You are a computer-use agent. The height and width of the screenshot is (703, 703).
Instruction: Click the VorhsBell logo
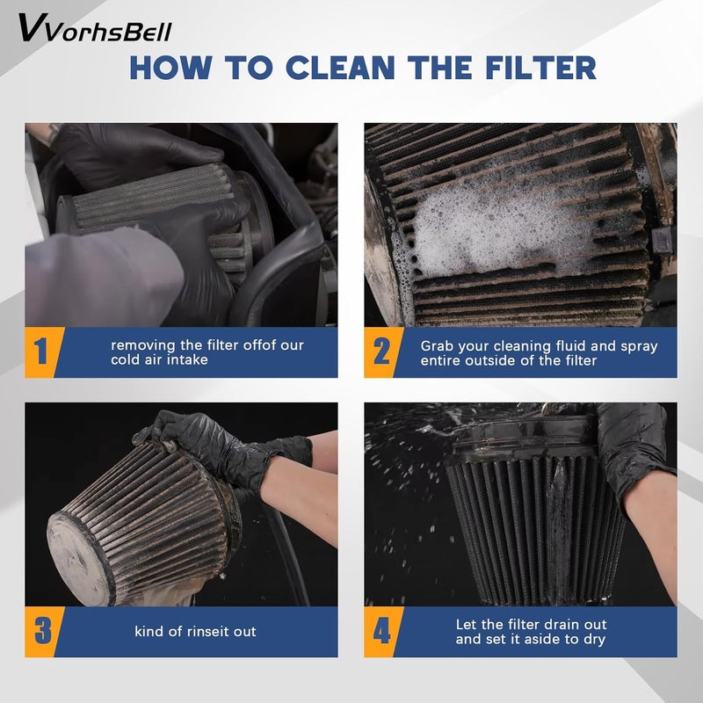(x=95, y=28)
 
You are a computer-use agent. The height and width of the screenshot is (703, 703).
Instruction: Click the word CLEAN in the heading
(x=340, y=68)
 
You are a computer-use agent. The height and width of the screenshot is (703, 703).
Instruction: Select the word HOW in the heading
(x=170, y=68)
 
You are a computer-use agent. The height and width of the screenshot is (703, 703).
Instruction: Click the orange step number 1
(x=40, y=351)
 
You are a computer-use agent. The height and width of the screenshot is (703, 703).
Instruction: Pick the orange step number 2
(x=381, y=351)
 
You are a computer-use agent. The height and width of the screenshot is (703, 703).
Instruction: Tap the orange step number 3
(x=42, y=630)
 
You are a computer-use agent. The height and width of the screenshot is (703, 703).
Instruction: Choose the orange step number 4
(x=382, y=630)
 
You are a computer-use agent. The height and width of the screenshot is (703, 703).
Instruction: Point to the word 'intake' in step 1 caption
(x=188, y=359)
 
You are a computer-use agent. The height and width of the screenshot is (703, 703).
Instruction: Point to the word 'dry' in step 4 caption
(x=595, y=640)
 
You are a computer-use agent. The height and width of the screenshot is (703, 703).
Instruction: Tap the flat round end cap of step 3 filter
(x=77, y=558)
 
